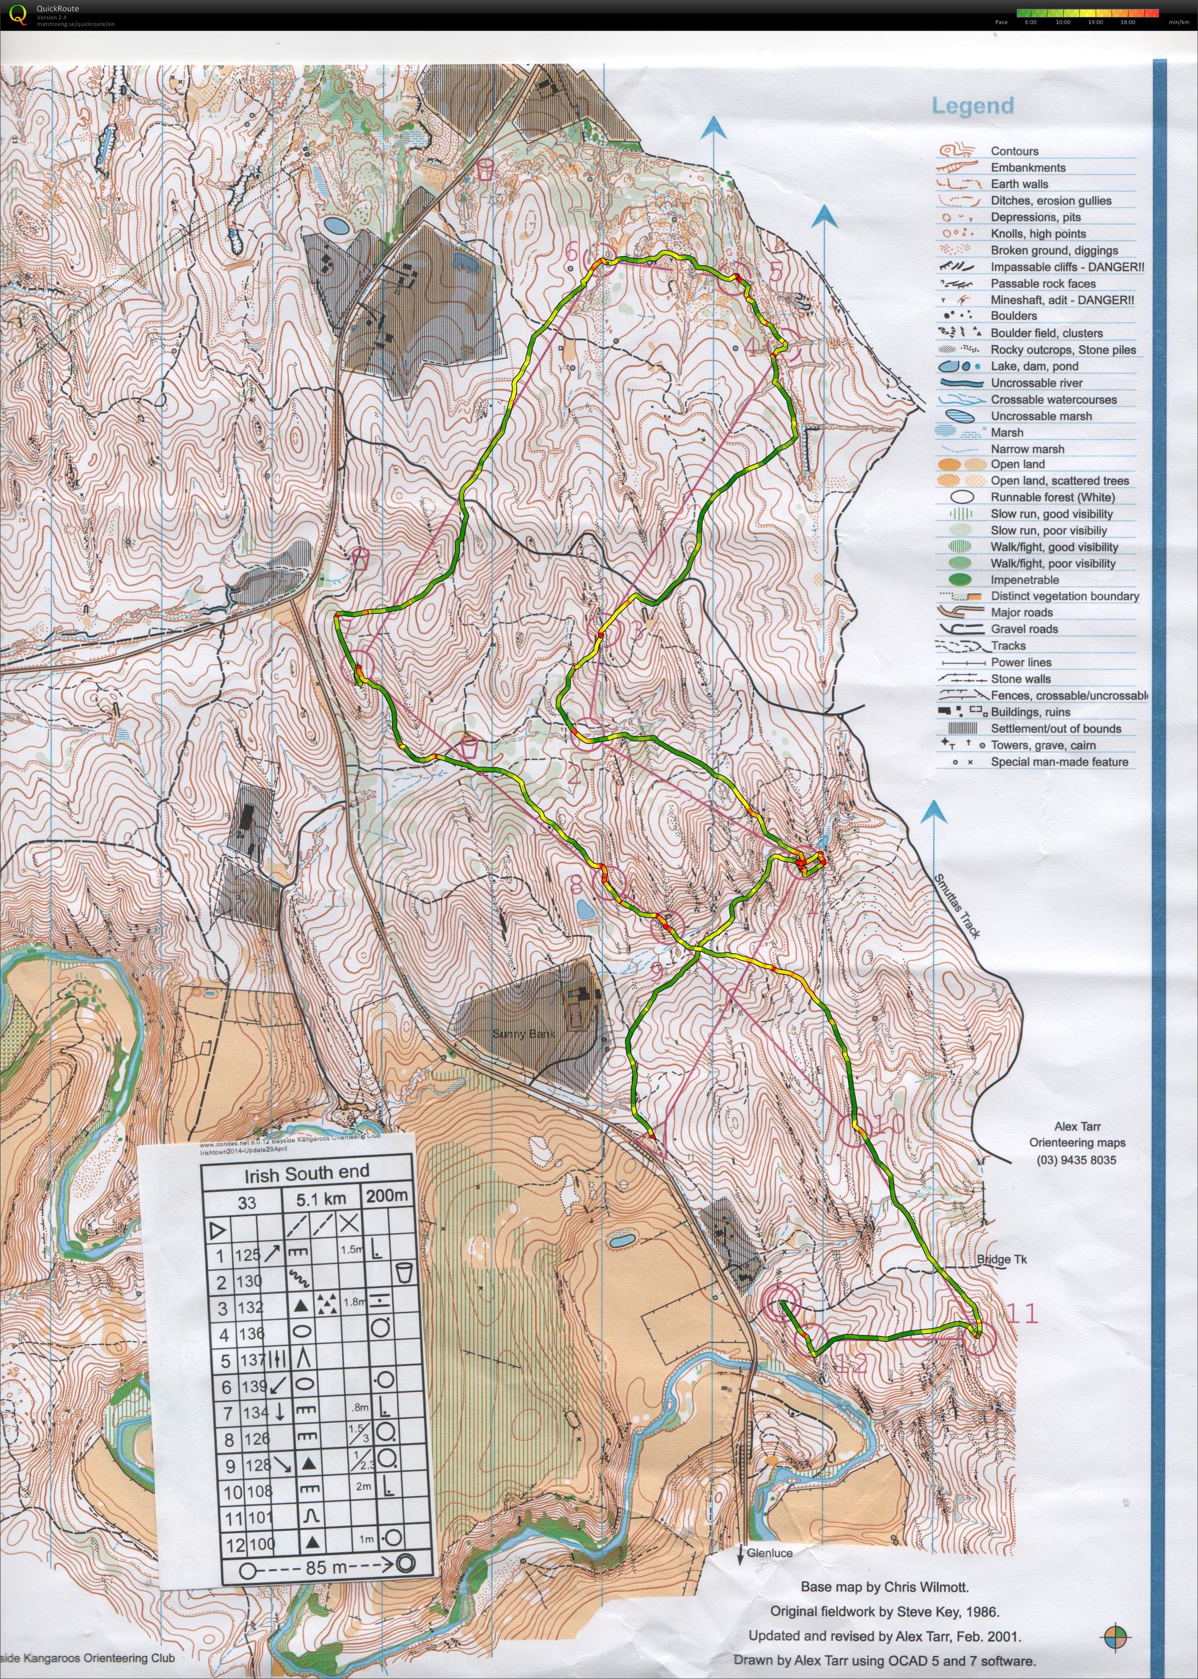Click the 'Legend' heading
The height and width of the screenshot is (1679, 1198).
pos(972,106)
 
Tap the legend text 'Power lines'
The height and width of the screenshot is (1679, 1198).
pos(1021,662)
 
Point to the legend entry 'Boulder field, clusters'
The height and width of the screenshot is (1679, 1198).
pos(1046,333)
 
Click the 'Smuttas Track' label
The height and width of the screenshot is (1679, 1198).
pos(958,906)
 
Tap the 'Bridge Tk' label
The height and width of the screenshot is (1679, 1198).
pos(1001,1260)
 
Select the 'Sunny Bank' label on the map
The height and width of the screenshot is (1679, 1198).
pos(522,1034)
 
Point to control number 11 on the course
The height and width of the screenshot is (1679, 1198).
pos(1022,1313)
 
